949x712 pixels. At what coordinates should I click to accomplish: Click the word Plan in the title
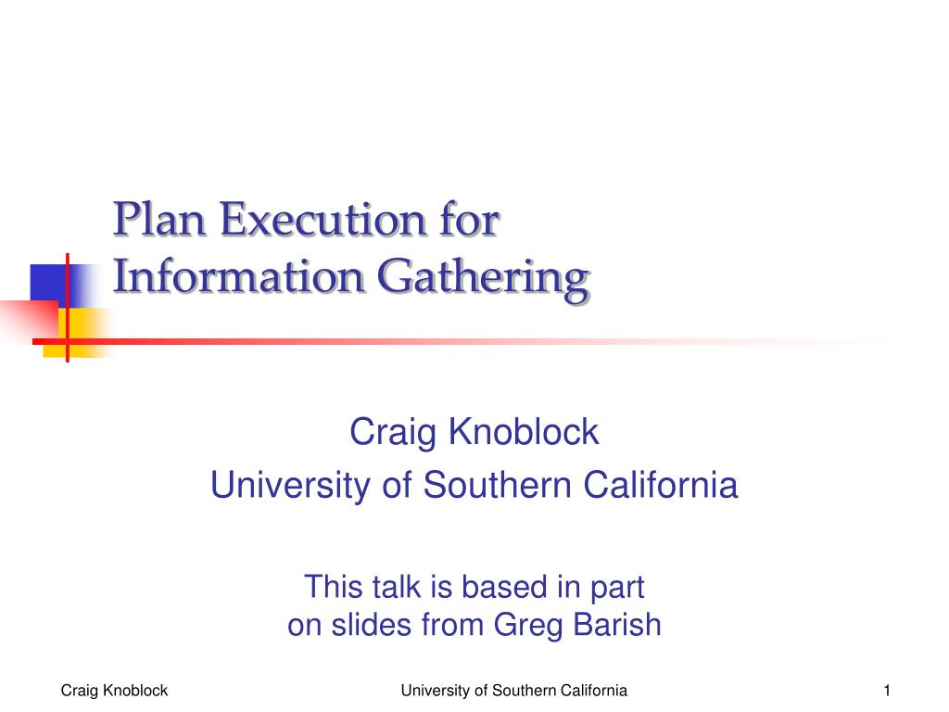159,219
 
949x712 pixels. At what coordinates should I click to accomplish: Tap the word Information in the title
238,276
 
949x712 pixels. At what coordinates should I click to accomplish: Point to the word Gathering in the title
483,280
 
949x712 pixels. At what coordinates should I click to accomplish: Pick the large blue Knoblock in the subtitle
524,432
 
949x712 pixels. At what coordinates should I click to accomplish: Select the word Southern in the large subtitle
497,485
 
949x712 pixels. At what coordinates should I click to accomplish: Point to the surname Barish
616,624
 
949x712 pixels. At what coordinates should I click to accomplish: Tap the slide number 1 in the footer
887,690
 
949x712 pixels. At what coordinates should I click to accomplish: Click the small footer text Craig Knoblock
114,691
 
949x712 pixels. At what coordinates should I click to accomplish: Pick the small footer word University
436,691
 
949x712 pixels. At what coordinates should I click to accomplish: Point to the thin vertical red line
67,308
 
